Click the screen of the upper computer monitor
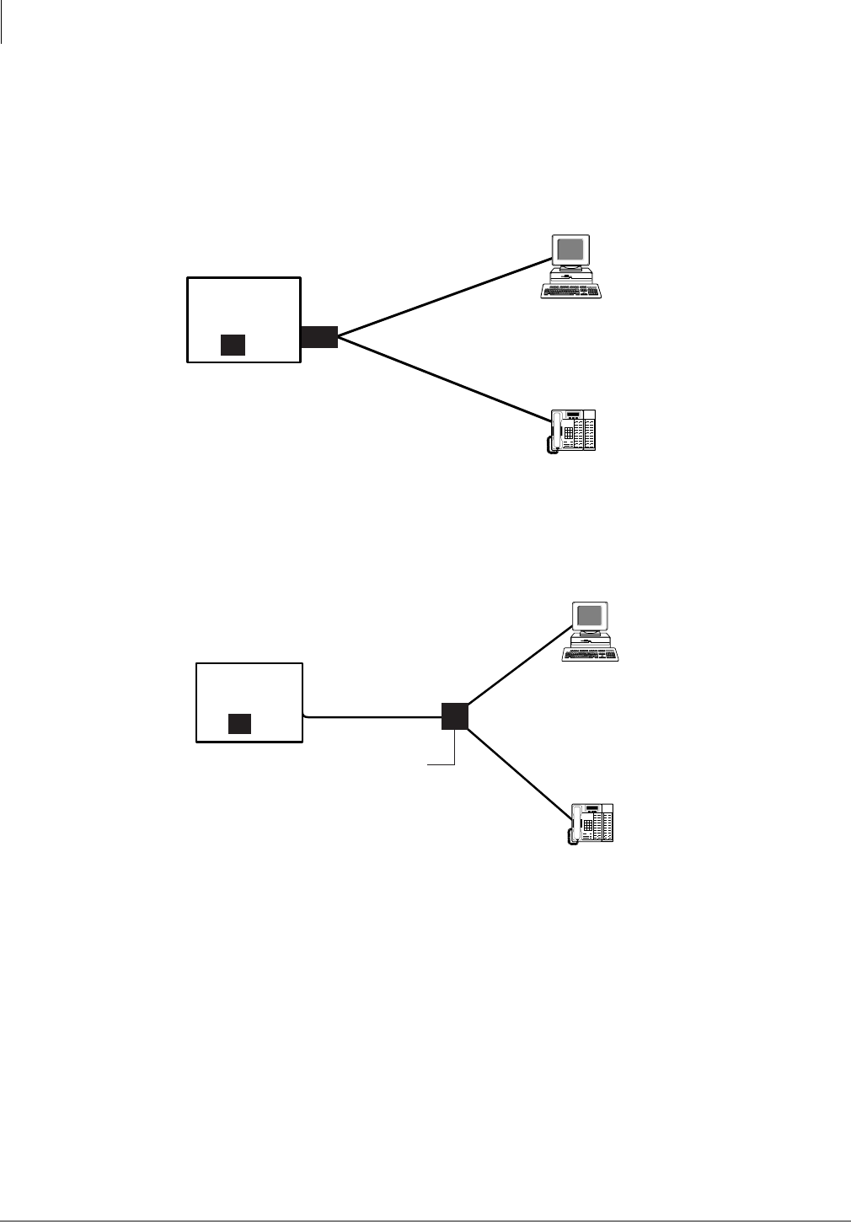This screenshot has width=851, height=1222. coord(570,249)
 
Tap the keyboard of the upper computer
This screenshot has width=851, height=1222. coord(571,291)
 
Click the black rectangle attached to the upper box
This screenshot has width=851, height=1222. coord(319,336)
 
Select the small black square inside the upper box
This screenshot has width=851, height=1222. coord(233,345)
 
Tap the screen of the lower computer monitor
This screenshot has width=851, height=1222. coord(590,615)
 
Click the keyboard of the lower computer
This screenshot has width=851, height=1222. coord(591,655)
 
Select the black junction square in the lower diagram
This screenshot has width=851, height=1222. coord(455,716)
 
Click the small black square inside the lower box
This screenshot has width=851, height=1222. coord(240,723)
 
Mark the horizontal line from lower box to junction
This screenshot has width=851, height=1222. coord(371,717)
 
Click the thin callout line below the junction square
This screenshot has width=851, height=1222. coord(454,749)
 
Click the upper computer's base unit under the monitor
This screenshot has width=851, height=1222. coord(570,275)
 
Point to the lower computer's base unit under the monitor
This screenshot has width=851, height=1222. coord(590,640)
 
